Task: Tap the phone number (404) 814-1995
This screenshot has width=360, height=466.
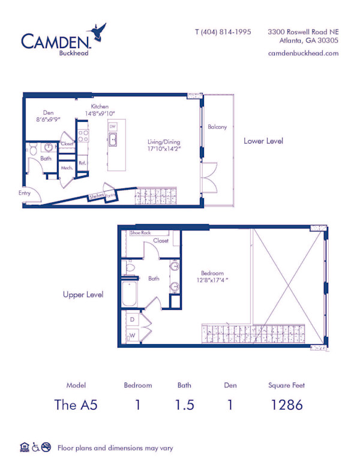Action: click(x=223, y=32)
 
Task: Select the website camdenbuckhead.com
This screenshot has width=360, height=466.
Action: click(x=303, y=53)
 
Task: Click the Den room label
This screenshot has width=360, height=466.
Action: click(x=48, y=112)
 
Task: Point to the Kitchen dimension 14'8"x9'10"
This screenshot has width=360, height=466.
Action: click(x=100, y=113)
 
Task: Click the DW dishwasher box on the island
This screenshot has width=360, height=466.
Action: click(x=112, y=127)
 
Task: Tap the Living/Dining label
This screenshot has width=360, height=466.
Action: click(x=164, y=142)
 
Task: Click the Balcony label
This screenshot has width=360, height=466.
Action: click(x=217, y=127)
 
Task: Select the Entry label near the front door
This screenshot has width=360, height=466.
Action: click(x=25, y=193)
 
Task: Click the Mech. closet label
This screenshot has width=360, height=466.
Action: click(x=67, y=168)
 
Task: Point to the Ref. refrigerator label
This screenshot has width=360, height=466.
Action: click(x=82, y=163)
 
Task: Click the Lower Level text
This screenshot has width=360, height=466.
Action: click(x=263, y=141)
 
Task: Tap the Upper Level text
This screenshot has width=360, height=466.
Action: click(x=83, y=295)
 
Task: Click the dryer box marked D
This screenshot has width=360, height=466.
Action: click(x=132, y=320)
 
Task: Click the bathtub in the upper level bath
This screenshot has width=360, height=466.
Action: click(x=130, y=295)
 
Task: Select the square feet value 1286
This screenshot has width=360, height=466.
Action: click(x=286, y=404)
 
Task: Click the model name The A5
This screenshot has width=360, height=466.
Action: click(x=76, y=404)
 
